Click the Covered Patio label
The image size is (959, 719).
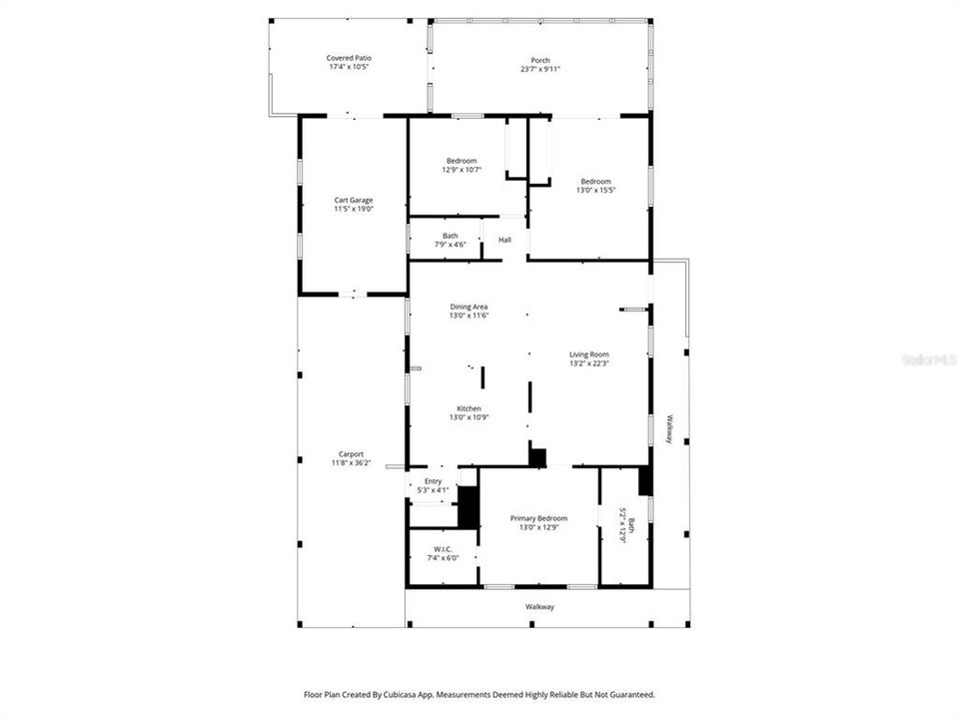coord(349,59)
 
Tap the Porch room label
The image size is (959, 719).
coord(539,60)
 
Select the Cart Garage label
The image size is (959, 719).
coord(354,200)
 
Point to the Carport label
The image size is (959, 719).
coord(351,453)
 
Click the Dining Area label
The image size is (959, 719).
coord(469,307)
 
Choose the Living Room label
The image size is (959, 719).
coord(588,355)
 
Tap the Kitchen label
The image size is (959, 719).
coord(469,408)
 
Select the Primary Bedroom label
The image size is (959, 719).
coord(538,518)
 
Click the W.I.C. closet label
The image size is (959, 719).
coord(444,549)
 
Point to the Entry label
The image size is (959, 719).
coord(433,481)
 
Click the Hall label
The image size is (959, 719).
coord(504,240)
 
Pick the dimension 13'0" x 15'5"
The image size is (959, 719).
coord(596,190)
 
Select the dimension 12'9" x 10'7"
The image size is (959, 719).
coord(461,170)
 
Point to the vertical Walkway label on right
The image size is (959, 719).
coord(672,430)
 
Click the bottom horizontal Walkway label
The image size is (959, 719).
coord(539,606)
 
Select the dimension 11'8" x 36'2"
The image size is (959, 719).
coord(351,462)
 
